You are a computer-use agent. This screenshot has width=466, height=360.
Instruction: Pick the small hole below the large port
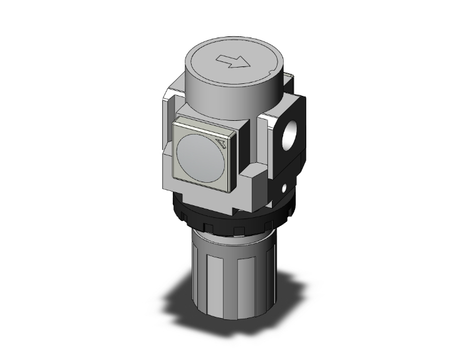click(285, 187)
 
